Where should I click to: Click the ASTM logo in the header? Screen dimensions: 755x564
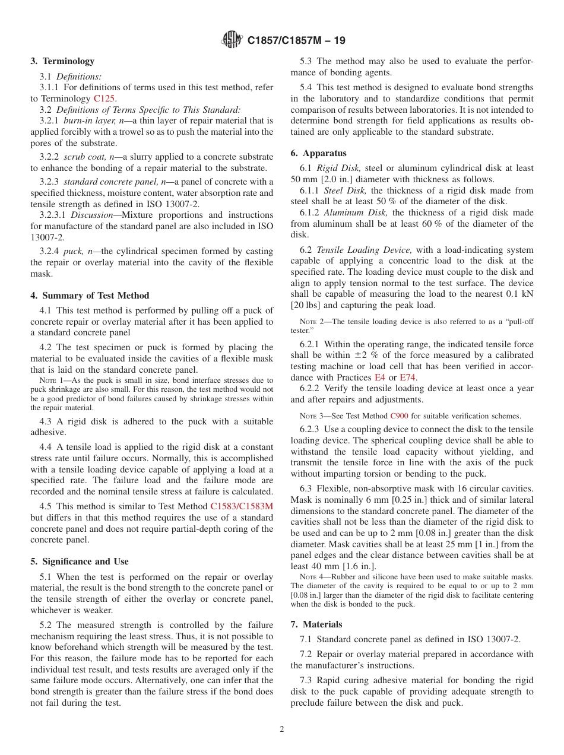232,40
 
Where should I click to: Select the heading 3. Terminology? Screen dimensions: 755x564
62,61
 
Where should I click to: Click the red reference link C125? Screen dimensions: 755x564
104,99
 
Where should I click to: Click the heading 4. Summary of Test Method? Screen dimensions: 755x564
90,295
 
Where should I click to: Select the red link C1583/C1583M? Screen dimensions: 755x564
242,506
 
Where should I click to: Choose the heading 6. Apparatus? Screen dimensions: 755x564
318,153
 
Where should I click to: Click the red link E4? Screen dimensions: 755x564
379,377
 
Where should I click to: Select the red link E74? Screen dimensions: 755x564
407,377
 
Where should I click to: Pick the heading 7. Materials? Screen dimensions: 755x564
316,624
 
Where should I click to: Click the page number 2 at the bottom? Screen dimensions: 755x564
282,729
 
